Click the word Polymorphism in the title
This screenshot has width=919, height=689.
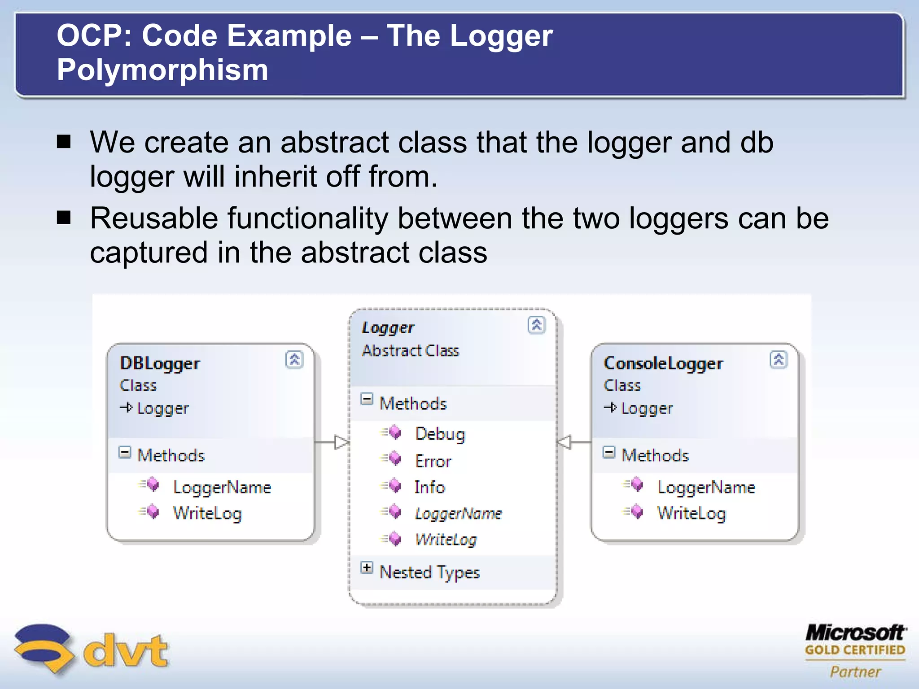(x=162, y=70)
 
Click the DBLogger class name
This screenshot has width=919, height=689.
(x=160, y=363)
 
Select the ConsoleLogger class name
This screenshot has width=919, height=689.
(x=663, y=363)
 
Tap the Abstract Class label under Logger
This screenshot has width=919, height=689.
(x=410, y=350)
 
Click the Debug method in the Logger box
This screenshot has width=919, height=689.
(x=440, y=434)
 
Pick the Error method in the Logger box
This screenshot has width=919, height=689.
(x=433, y=461)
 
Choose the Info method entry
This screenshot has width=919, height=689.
(x=429, y=487)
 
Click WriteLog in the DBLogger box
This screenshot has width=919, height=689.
(x=207, y=513)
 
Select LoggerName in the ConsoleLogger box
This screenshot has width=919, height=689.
(x=706, y=488)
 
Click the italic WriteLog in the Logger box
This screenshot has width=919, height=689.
(x=446, y=540)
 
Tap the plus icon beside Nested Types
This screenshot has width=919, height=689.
(x=367, y=568)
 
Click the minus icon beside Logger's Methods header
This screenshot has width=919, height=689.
(x=367, y=399)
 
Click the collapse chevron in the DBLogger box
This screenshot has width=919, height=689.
(x=294, y=360)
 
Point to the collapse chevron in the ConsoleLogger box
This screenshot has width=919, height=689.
(x=779, y=360)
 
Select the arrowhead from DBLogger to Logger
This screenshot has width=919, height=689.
(x=341, y=442)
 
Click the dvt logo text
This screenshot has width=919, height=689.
(x=126, y=650)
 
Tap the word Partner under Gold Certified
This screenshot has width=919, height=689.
(x=855, y=672)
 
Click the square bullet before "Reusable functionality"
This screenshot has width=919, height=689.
(x=64, y=218)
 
